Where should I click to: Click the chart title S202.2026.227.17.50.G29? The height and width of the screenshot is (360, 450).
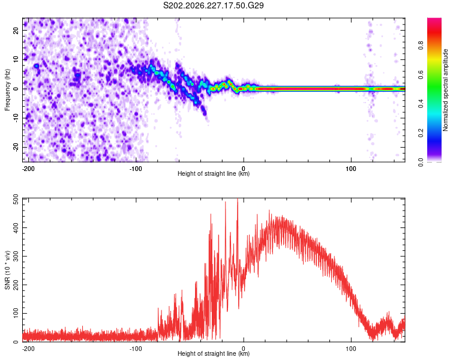(213, 5)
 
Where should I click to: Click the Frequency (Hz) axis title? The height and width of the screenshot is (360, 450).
(7, 90)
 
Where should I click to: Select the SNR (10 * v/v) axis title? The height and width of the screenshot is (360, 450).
(7, 270)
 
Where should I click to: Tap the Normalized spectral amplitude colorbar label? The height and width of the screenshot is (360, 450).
(445, 90)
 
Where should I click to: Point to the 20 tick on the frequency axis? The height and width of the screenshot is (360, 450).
(16, 31)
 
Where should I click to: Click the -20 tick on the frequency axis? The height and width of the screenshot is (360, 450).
(16, 147)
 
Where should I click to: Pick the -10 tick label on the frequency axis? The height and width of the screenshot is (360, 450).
(16, 118)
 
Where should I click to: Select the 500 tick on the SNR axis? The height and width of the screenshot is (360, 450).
(16, 200)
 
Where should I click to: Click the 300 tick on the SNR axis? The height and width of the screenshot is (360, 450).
(16, 256)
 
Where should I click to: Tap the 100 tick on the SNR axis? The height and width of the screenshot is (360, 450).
(16, 313)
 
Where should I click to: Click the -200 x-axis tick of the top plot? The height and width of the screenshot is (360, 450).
(28, 169)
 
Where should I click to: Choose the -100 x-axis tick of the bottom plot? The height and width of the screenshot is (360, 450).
(136, 349)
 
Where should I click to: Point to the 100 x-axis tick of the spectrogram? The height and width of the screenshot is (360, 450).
(351, 169)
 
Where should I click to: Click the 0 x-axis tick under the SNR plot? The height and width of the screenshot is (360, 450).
(244, 349)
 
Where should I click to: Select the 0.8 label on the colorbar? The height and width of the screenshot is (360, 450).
(421, 45)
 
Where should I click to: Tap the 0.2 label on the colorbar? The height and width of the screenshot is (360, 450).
(421, 133)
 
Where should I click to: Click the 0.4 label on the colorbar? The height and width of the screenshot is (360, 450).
(421, 104)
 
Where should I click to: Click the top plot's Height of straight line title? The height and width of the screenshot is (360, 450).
(214, 173)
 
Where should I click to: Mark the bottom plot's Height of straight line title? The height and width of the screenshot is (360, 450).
(214, 353)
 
